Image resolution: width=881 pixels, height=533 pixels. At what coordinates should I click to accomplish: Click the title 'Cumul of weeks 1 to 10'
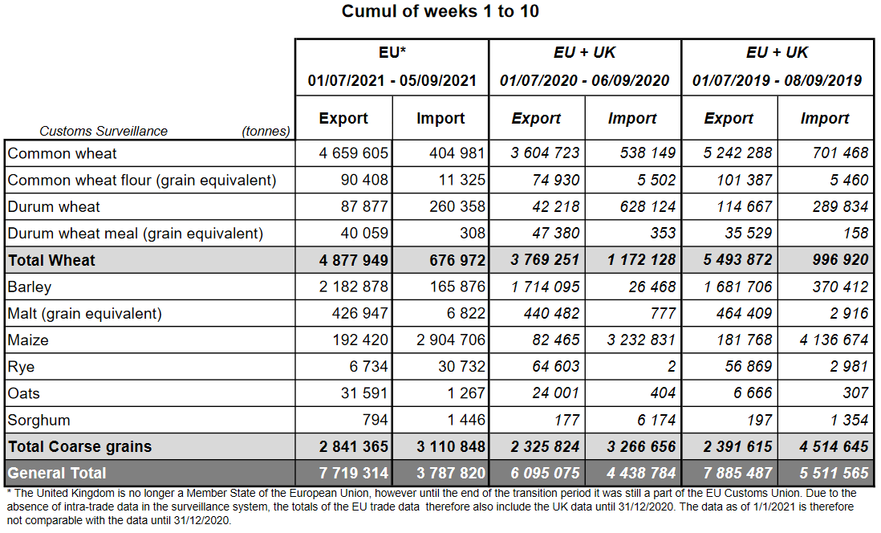pos(440,11)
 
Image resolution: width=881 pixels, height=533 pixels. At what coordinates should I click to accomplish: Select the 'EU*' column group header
pos(392,53)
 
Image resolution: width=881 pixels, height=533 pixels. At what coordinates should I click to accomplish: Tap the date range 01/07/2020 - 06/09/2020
pos(584,81)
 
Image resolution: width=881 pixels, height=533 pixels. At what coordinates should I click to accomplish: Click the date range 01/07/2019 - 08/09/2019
pos(777,81)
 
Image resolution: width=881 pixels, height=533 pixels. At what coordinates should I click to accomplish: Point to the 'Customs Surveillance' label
pos(104,131)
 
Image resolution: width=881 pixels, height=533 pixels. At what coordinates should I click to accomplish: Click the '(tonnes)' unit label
pos(266,131)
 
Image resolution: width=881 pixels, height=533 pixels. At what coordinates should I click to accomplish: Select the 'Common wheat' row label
pos(63,153)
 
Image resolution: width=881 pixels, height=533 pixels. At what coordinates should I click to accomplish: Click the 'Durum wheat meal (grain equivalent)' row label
pos(136,234)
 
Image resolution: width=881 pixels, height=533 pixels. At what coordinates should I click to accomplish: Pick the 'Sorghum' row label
pos(39,420)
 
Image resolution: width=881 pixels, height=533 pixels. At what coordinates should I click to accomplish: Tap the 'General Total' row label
pos(57,473)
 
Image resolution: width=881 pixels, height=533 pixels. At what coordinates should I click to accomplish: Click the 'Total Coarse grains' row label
pos(79,446)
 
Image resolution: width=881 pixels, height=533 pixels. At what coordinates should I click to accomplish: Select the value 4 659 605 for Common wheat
pos(354,153)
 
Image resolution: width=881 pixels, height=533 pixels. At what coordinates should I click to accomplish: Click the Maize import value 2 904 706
pos(451,340)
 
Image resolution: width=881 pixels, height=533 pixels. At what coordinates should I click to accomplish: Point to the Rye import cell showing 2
pos(672,367)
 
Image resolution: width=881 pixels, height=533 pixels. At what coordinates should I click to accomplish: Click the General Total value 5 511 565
pos(834,473)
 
